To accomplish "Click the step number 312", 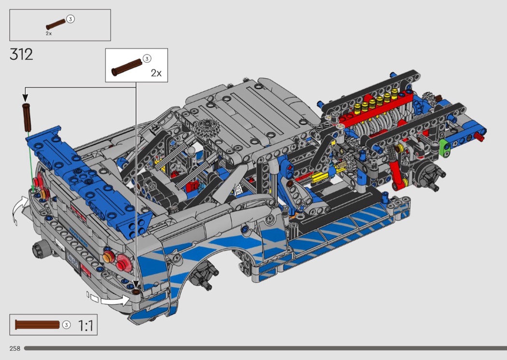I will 21,54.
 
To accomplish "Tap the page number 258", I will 14,348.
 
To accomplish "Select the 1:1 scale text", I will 85,325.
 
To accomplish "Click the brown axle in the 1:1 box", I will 37,324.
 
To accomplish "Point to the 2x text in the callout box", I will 155,73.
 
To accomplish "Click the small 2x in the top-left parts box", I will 49,34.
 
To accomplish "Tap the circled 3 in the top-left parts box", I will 70,19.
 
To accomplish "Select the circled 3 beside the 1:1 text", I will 67,325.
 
